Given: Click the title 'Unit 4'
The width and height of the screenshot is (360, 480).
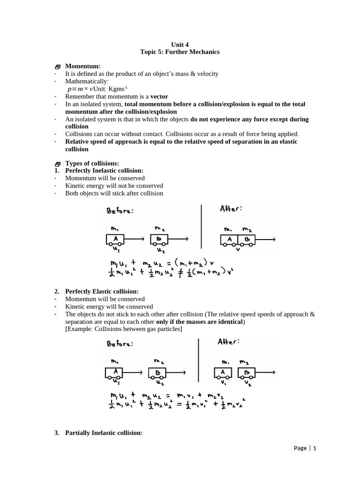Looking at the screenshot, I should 180,44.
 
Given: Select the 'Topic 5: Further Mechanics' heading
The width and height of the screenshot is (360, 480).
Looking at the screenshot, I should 180,52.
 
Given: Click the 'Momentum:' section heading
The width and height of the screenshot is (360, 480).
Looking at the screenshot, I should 82,67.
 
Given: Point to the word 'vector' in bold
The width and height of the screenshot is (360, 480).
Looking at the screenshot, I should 159,97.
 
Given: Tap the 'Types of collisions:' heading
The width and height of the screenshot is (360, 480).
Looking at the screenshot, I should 92,163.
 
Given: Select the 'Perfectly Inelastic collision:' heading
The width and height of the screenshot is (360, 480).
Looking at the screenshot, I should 104,171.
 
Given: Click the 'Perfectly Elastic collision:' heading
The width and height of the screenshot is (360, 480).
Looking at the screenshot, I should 102,292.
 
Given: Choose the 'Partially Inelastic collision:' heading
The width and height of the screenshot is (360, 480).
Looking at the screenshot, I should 104,433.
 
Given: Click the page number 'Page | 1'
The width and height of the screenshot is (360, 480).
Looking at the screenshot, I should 305,448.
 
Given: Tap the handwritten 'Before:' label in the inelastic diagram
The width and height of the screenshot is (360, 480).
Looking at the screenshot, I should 120,211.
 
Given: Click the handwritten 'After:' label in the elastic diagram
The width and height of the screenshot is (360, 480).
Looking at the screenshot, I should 228,342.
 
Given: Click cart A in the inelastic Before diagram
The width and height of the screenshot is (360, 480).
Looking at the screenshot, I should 115,240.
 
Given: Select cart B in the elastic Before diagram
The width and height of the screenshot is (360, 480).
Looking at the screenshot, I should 157,373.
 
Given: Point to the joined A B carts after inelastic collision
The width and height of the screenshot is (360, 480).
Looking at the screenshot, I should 238,240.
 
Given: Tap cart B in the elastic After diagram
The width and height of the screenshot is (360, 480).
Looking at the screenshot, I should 247,373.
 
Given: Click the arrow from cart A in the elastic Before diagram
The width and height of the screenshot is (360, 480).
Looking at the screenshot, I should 133,373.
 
